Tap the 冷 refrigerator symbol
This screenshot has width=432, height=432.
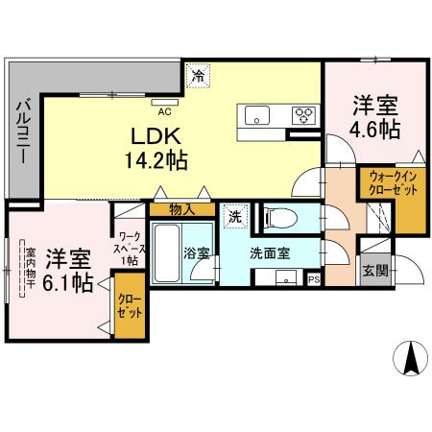click(198, 75)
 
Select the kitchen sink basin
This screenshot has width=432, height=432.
click(259, 116)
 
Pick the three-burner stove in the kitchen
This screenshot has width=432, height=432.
click(305, 116)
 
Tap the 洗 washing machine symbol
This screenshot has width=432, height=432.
click(234, 217)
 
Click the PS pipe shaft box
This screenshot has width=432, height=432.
click(314, 279)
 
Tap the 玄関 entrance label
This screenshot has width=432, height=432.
click(374, 271)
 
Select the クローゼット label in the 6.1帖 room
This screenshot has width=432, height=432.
click(129, 306)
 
